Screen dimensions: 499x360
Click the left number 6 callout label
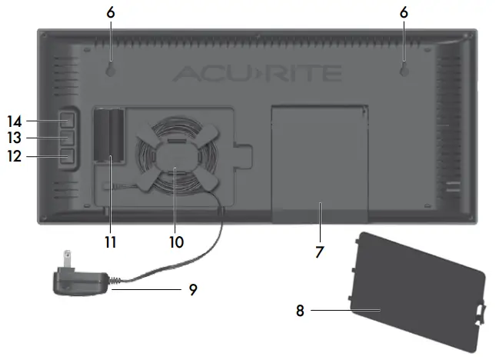(111, 13)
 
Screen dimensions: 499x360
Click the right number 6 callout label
(404, 13)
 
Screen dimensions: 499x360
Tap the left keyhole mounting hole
(110, 71)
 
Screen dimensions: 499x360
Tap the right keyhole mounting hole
(404, 71)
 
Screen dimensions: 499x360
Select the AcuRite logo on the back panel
(257, 73)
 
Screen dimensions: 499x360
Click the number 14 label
(15, 122)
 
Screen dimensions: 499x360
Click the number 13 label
(15, 138)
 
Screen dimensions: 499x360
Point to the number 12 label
(15, 156)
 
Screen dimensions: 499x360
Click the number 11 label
(111, 242)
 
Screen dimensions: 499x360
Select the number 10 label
(176, 242)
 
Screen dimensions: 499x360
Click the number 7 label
(320, 252)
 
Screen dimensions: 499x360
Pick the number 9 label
(193, 290)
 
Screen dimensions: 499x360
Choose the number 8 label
(300, 311)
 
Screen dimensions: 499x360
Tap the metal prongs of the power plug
(68, 258)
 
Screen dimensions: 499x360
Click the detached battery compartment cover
(417, 292)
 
